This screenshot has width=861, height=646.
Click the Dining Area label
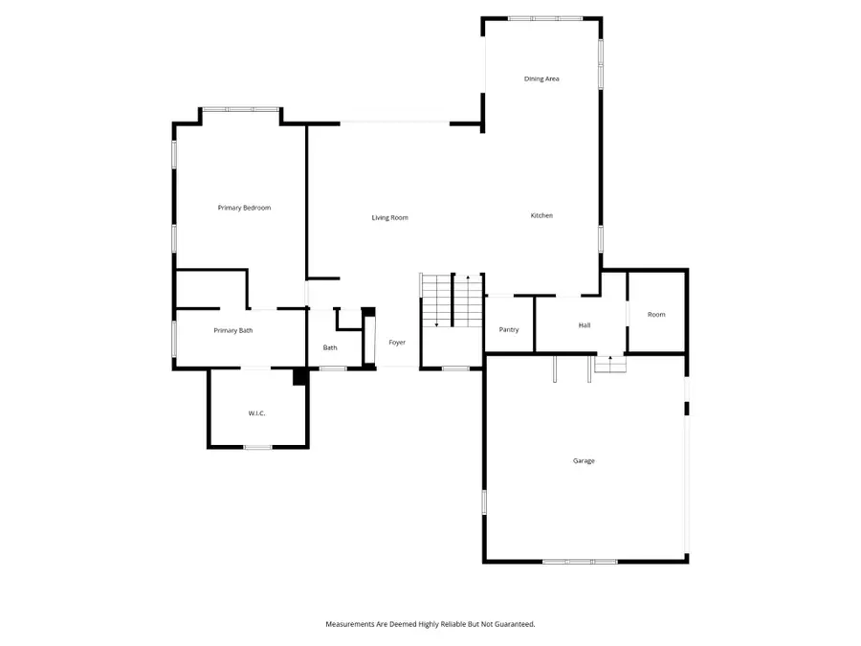(x=541, y=78)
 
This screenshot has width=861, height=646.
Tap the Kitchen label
(x=541, y=215)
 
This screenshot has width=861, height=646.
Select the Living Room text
(x=389, y=218)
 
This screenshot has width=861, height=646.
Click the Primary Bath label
(x=232, y=331)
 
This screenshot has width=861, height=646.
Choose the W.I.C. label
(x=256, y=413)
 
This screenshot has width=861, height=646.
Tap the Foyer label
(x=397, y=343)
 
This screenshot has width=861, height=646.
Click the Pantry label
(x=509, y=330)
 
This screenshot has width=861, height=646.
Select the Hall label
(x=585, y=325)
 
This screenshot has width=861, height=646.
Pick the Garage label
(x=584, y=461)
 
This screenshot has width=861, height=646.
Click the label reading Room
(x=656, y=315)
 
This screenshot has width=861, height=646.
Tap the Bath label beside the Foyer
(x=330, y=348)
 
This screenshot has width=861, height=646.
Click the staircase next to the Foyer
(x=452, y=301)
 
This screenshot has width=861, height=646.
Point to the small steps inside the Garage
(x=610, y=364)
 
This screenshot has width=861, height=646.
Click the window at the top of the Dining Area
(x=544, y=18)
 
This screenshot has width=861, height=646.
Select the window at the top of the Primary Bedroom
(x=240, y=109)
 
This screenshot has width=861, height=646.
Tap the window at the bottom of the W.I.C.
(x=257, y=447)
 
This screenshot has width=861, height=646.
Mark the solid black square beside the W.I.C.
(x=299, y=377)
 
